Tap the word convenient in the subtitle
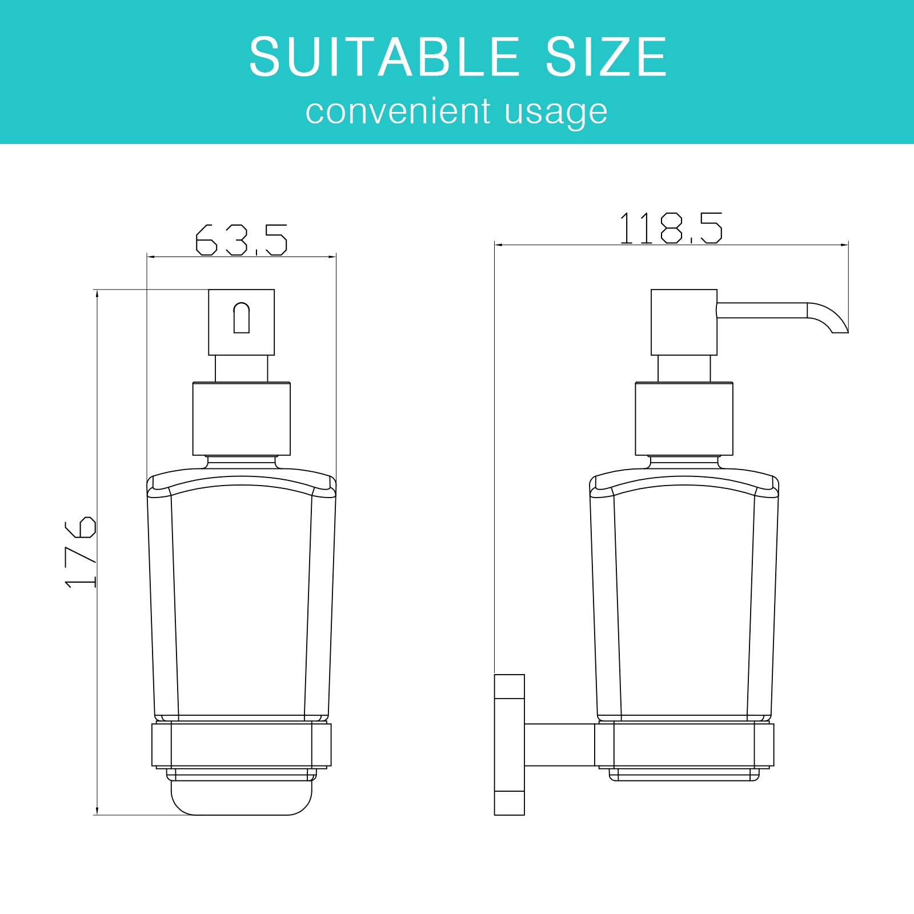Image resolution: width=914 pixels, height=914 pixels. [x=398, y=111]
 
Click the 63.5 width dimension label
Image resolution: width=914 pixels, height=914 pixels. [x=241, y=240]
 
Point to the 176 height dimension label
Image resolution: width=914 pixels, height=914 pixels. [x=81, y=552]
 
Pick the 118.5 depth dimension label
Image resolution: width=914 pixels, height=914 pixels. [x=671, y=228]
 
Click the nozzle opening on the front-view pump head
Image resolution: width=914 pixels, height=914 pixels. [x=242, y=318]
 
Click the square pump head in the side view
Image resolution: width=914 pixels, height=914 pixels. [x=684, y=322]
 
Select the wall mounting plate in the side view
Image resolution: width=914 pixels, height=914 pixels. [x=509, y=744]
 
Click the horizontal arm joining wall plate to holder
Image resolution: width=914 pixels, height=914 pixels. [x=559, y=744]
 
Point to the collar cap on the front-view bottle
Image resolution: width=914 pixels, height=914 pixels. [x=241, y=419]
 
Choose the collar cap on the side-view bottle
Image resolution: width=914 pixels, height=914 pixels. [x=684, y=419]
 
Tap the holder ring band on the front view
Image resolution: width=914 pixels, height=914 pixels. [x=242, y=744]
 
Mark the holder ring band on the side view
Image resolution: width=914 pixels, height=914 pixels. [x=684, y=744]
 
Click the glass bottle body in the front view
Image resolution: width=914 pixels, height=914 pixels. [x=242, y=600]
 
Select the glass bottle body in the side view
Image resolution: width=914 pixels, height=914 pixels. [x=684, y=600]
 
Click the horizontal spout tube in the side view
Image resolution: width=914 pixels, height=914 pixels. [x=761, y=310]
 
